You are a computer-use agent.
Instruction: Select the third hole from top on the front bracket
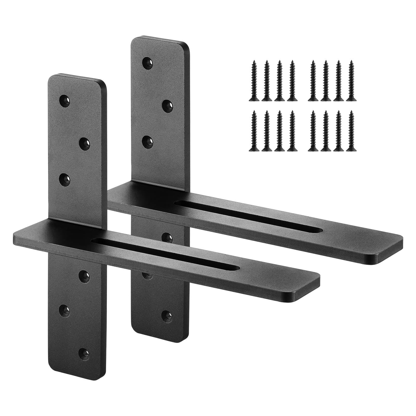[x=65, y=179]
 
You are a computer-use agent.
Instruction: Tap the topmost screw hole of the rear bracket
[x=148, y=62]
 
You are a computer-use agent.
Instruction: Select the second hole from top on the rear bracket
[x=167, y=105]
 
